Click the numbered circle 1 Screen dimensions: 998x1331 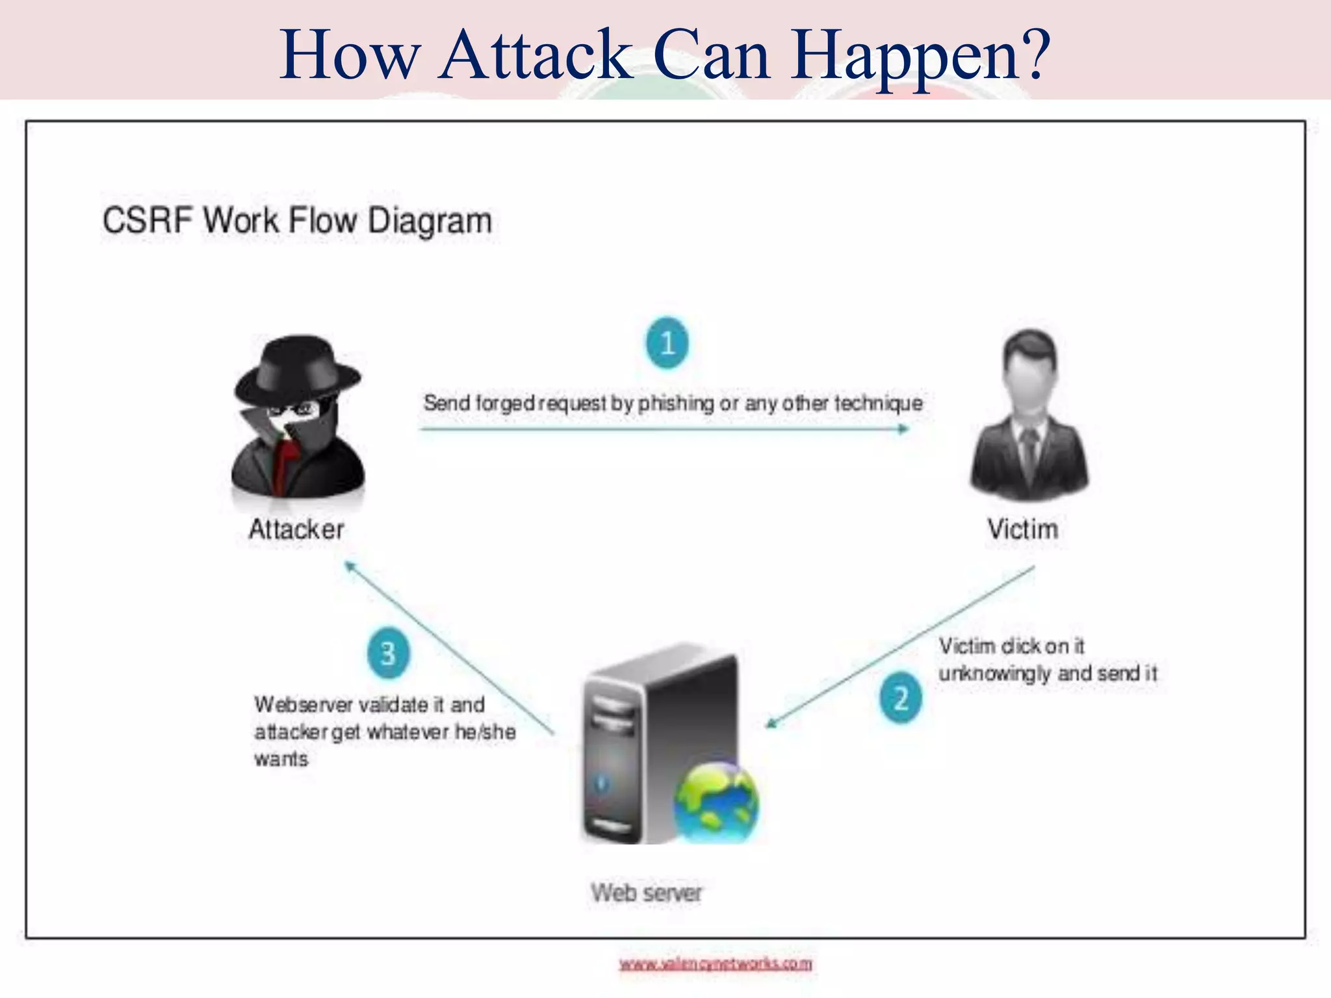pos(667,342)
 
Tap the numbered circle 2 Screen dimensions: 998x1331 pos(900,698)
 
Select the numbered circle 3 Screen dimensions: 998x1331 pos(388,653)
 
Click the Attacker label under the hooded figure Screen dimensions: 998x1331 pos(296,530)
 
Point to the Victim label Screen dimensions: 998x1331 pos(1023,529)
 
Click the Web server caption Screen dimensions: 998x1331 pos(647,893)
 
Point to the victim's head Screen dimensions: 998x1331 pos(1030,364)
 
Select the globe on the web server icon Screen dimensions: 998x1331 pos(716,803)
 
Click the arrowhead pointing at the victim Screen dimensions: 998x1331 pos(903,429)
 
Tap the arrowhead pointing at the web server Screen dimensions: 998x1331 pos(771,723)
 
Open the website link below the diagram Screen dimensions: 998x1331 pos(716,964)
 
